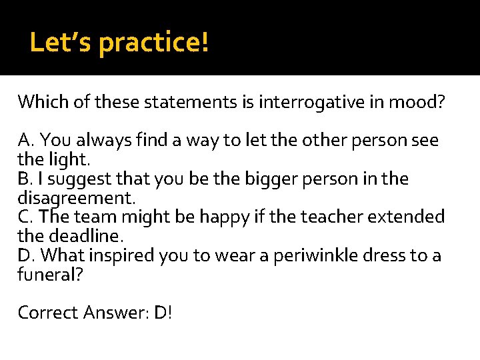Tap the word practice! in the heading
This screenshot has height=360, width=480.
(x=154, y=43)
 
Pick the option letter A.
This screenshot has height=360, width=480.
(x=26, y=141)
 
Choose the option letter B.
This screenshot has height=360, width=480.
(x=25, y=179)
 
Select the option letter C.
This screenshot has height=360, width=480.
(x=25, y=217)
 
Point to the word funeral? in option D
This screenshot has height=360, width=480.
(x=51, y=275)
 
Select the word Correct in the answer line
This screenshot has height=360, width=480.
(x=49, y=313)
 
